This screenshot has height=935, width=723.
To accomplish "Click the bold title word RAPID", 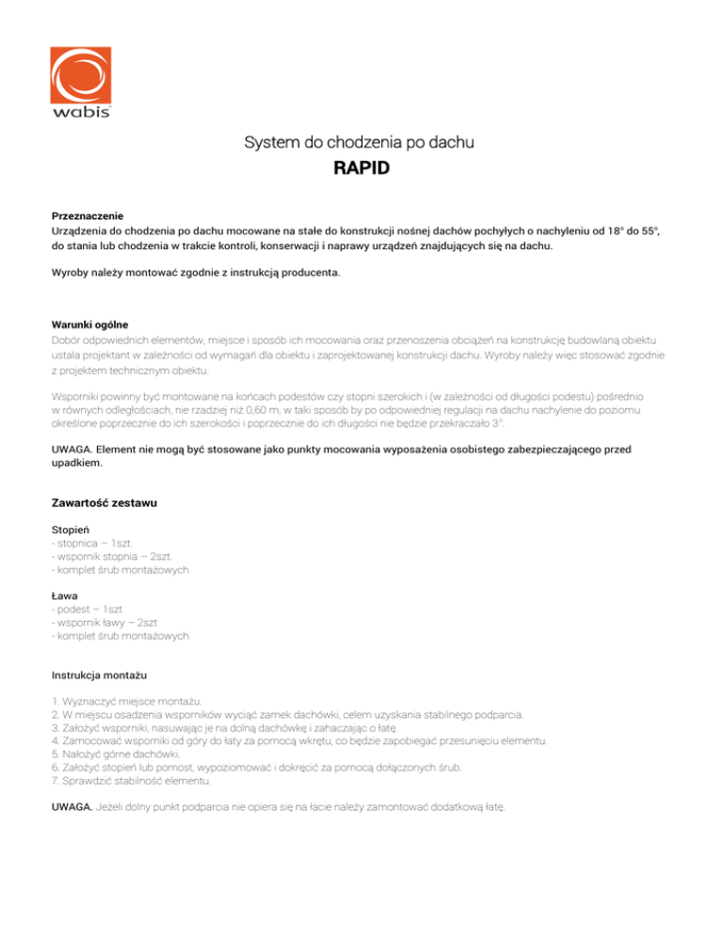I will click(361, 170).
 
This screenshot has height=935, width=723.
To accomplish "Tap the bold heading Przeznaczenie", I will click(88, 215).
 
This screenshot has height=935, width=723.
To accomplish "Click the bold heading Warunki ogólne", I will click(90, 325).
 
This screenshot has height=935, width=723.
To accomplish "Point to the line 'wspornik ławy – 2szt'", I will click(104, 623).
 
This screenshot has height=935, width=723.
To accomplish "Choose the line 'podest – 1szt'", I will click(92, 609).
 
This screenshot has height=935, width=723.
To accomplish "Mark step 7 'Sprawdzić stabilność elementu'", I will click(132, 781).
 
